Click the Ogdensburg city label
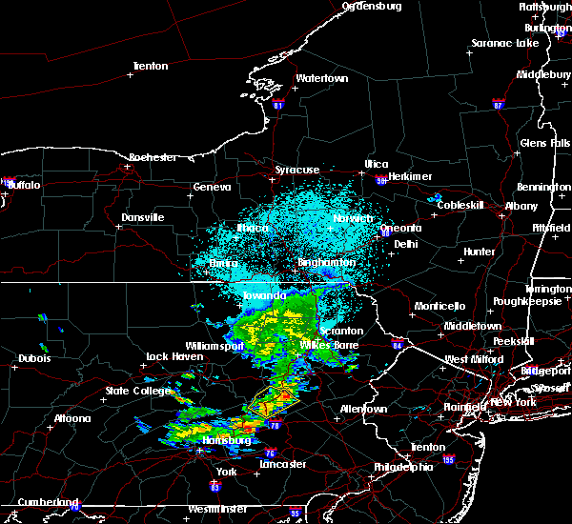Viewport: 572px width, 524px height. point(373,6)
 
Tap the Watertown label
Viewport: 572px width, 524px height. point(321,78)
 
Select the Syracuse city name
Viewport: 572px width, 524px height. point(297,170)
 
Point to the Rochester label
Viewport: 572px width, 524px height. point(153,156)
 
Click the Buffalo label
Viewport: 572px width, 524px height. point(23,185)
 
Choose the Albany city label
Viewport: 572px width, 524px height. point(521,206)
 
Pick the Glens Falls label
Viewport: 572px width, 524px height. point(545,143)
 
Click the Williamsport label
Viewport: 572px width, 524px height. point(214,346)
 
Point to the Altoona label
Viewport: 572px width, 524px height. point(72,418)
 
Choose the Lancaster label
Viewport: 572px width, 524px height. point(283,464)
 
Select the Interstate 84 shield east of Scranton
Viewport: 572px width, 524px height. point(398,345)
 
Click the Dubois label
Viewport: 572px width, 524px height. point(34,359)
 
